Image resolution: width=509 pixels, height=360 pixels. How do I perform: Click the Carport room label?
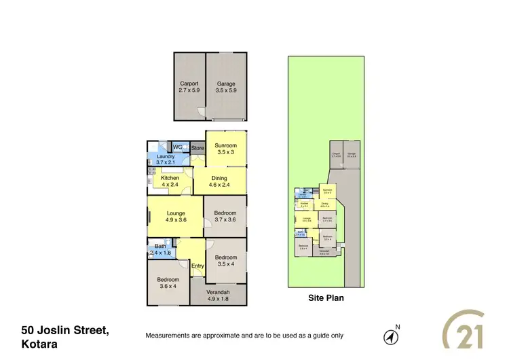coord(189,84)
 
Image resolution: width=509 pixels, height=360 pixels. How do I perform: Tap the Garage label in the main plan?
coord(226,84)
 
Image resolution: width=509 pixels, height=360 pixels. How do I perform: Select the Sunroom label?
coord(225,145)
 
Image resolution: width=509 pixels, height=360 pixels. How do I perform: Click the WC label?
coord(178,147)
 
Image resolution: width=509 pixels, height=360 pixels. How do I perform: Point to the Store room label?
coord(197,147)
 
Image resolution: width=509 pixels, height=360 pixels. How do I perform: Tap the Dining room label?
coord(219,179)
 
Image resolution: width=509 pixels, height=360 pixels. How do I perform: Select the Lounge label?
coord(176,213)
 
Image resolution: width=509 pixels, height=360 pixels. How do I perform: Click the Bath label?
coord(160,246)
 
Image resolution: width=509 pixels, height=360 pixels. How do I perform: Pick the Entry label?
coord(197,266)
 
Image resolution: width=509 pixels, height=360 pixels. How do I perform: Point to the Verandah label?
coord(219,292)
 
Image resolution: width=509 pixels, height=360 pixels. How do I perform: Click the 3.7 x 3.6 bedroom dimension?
coord(225,219)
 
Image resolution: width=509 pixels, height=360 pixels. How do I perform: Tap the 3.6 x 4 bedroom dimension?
coord(168,286)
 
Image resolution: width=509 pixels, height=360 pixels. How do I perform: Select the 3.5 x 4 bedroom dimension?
coord(226,264)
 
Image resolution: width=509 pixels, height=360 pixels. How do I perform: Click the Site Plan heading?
coord(326,298)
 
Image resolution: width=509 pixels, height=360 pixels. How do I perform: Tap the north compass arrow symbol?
coord(391,336)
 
